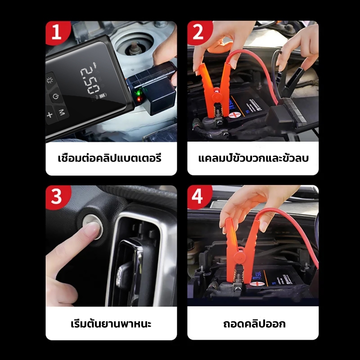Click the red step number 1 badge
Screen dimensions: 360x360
57,32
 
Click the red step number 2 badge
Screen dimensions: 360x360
198,32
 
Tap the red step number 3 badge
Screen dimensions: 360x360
57,197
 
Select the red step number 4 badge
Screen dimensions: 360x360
198,197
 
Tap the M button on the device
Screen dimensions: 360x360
62,112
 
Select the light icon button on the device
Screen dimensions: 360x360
49,80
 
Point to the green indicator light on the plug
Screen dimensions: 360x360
138,94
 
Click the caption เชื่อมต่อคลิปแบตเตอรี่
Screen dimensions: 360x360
110,158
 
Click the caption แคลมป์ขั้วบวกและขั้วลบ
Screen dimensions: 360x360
253,158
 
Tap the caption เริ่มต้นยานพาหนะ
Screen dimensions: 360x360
111,323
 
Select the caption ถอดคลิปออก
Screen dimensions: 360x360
254,324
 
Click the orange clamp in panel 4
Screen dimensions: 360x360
240,250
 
